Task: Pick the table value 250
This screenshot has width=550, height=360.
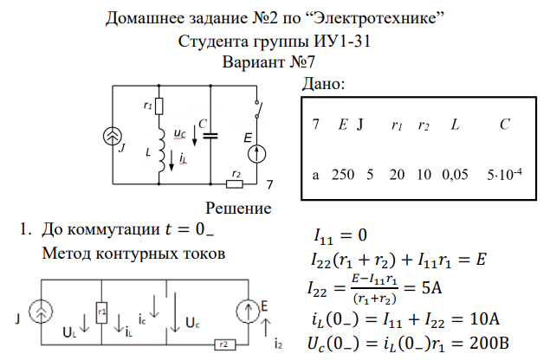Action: pyautogui.click(x=343, y=174)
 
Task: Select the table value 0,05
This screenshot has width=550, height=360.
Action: pyautogui.click(x=454, y=174)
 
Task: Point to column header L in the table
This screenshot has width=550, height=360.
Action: pyautogui.click(x=454, y=125)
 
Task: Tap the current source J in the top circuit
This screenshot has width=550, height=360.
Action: pyautogui.click(x=112, y=137)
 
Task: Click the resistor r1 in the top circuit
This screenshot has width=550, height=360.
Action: pyautogui.click(x=160, y=105)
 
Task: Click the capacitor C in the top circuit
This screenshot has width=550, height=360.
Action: pyautogui.click(x=211, y=135)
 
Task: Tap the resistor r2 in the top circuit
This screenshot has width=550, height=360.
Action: pyautogui.click(x=233, y=183)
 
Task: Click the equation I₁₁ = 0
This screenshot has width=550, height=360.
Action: pyautogui.click(x=340, y=235)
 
